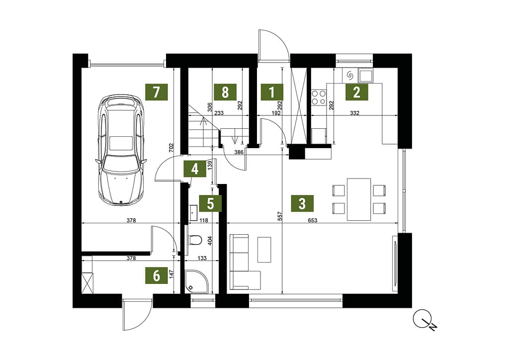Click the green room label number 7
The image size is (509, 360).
(x=157, y=92)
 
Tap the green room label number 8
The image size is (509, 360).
(x=225, y=92)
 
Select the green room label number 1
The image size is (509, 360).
(x=272, y=92)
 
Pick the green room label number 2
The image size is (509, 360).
(x=357, y=92)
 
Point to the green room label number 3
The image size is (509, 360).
(x=302, y=203)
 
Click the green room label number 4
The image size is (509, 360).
(x=195, y=169)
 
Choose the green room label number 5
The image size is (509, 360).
(x=211, y=203)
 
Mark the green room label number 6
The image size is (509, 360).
(x=157, y=275)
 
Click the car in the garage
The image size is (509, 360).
(x=121, y=150)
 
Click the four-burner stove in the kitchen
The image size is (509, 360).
(x=319, y=97)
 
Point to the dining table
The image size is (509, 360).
(x=359, y=199)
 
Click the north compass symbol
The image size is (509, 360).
(x=425, y=319)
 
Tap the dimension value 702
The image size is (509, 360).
(x=172, y=148)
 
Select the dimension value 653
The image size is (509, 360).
(x=312, y=220)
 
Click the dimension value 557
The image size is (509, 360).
(x=280, y=216)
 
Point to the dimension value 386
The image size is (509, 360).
(x=239, y=152)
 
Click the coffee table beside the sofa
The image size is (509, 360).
(x=264, y=250)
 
